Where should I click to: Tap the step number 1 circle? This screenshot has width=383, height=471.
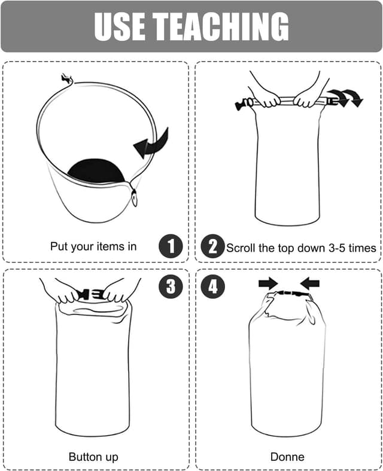point(171,246)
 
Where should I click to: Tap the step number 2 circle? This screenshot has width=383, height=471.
point(212,246)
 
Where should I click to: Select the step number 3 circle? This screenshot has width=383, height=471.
point(171,287)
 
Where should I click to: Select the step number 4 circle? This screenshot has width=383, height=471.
point(212,287)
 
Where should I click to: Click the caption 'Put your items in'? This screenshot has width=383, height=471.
point(93,246)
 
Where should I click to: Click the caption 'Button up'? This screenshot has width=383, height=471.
point(93,457)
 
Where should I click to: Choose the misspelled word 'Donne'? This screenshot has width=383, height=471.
point(287,457)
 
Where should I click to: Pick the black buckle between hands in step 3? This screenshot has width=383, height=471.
point(92,294)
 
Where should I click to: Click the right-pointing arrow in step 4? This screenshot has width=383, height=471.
point(268,283)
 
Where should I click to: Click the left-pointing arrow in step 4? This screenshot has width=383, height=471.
point(309,283)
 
